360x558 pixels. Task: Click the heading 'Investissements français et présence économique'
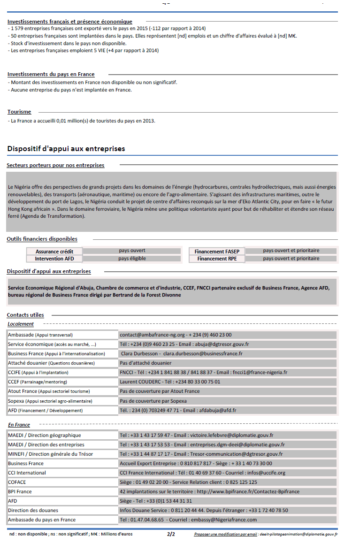[69, 22]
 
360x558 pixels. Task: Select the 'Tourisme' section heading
[19, 112]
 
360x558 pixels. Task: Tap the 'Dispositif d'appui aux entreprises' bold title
[66, 149]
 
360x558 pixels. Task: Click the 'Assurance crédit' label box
[54, 252]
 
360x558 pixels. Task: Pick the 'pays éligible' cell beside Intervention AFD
[132, 259]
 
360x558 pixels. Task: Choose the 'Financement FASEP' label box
[217, 252]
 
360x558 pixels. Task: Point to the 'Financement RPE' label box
[217, 259]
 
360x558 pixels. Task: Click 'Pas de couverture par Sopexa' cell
[153, 401]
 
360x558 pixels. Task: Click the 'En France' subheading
[19, 425]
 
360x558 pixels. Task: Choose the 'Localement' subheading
[21, 324]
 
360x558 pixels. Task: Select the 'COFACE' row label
[17, 482]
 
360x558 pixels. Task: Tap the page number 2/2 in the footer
[171, 534]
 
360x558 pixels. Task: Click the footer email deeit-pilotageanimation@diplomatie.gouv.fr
[299, 534]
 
